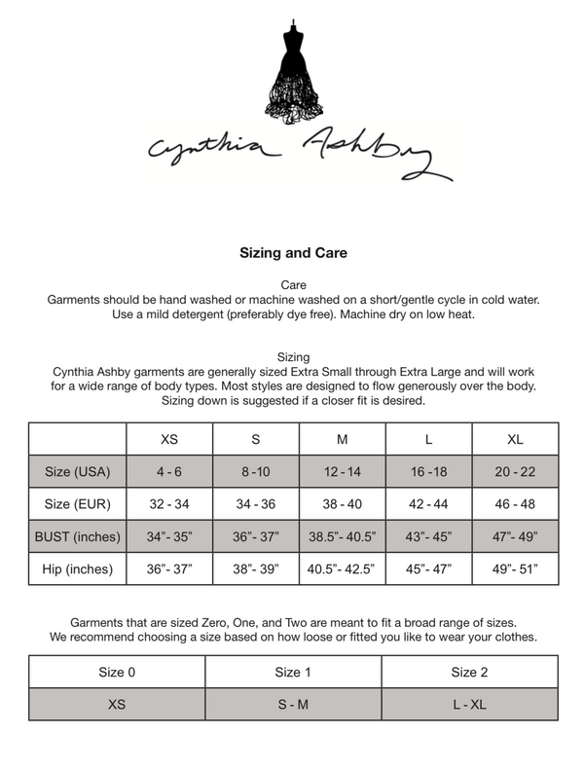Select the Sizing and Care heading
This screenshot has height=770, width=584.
pos(293,252)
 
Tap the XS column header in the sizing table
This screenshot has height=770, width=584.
pos(168,439)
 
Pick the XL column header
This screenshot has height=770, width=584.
pos(515,439)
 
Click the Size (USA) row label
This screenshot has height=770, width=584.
pos(78,472)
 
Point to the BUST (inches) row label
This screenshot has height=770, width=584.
pos(78,536)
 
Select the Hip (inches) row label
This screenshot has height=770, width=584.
pos(78,568)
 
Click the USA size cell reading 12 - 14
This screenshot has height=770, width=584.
pos(342,472)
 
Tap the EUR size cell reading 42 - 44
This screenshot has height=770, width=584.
pos(428,504)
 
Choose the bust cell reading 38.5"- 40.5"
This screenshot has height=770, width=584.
pos(342,536)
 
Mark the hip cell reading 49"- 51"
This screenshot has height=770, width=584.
pos(515,568)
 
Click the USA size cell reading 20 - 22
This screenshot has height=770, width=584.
pos(515,472)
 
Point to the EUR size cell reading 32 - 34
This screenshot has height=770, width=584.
pos(168,504)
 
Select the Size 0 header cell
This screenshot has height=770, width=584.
pos(117,672)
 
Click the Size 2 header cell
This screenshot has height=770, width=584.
pos(469,672)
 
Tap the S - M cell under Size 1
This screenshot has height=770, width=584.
pos(293,704)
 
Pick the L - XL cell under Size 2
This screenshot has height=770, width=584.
pos(469,704)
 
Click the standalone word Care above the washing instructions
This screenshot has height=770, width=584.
pos(293,283)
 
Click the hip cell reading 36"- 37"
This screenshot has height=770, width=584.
pos(168,568)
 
